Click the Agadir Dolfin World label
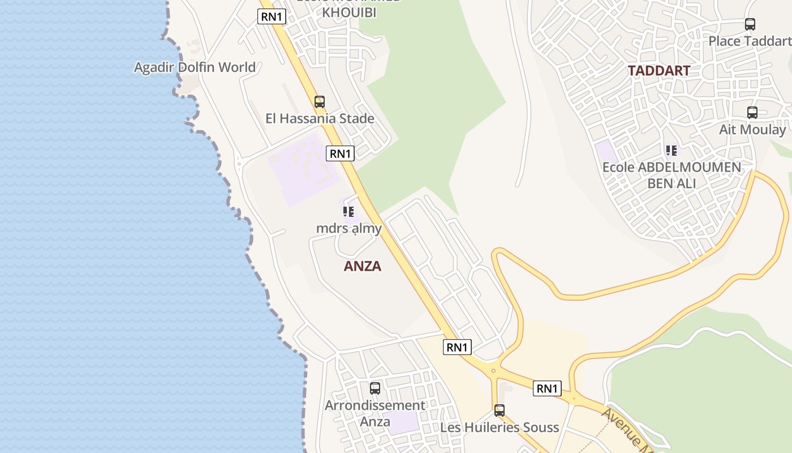(x=195, y=67)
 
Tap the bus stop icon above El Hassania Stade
(x=320, y=102)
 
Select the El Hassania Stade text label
(x=320, y=118)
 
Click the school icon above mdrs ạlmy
(x=348, y=212)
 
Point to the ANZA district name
(x=362, y=266)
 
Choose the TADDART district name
(x=658, y=71)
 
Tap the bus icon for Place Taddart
(x=750, y=24)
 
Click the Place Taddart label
(x=750, y=41)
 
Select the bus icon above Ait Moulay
(x=752, y=113)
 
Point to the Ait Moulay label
(x=752, y=130)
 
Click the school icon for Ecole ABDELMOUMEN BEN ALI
(x=672, y=151)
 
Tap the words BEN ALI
(x=672, y=183)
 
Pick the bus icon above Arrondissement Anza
(x=375, y=388)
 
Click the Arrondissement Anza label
(x=375, y=413)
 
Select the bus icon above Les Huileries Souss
(x=499, y=411)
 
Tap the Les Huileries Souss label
(x=499, y=428)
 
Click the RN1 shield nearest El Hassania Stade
(x=340, y=153)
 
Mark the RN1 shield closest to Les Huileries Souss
(x=546, y=388)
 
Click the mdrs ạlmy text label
(x=348, y=228)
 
